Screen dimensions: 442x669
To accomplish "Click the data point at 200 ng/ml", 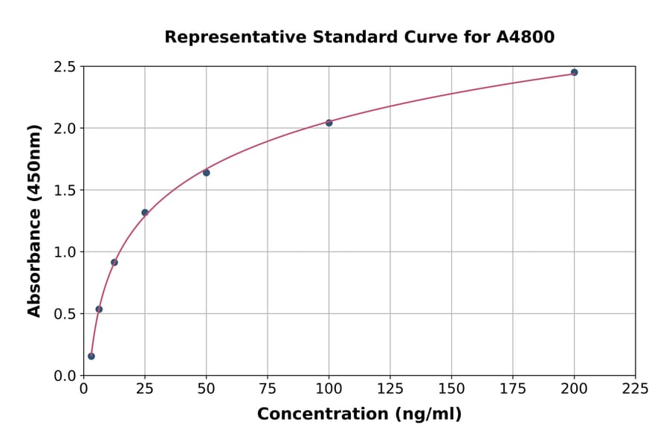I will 574,72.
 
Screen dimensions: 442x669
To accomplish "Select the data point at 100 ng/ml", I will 329,123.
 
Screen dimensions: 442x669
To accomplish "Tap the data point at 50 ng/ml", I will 206,173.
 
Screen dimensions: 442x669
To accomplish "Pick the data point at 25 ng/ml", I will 145,213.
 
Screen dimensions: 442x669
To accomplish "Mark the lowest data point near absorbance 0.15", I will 91,356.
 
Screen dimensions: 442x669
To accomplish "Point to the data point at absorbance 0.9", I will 114,262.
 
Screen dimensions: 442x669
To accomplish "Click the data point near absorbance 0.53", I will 99,310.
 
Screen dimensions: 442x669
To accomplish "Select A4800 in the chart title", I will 525,37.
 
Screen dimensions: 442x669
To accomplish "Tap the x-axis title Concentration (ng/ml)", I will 359,414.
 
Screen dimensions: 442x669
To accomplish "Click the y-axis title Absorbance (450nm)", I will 34,220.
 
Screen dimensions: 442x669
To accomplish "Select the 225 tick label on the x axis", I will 635,388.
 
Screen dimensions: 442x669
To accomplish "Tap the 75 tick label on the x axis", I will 268,388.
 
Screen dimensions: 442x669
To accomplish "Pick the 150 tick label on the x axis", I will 451,388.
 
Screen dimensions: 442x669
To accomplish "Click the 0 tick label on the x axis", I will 83,388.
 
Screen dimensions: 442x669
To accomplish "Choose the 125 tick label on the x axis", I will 390,388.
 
